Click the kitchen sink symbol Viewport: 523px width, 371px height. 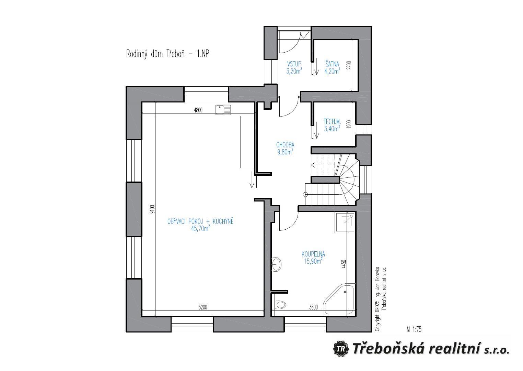[x=223, y=110]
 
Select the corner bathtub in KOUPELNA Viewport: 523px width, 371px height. [x=339, y=301]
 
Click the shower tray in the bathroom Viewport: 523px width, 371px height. [x=345, y=223]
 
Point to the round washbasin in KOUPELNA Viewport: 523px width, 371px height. [x=277, y=264]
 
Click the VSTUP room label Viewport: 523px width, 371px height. [x=294, y=64]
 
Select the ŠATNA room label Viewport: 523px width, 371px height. [x=332, y=64]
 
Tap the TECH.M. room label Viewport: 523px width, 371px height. [x=332, y=122]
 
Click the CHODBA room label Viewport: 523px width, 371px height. [x=285, y=145]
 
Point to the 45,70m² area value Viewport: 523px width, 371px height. [x=200, y=229]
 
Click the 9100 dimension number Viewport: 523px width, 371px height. [x=152, y=209]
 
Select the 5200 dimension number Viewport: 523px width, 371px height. [x=203, y=307]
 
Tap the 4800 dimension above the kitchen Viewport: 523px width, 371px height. [x=198, y=110]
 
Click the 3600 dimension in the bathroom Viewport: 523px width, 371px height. [x=313, y=307]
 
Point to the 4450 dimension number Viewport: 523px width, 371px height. [x=344, y=264]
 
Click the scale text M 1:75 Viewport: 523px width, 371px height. [x=414, y=329]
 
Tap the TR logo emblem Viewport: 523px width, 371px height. [x=341, y=349]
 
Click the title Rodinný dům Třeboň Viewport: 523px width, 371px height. [x=155, y=54]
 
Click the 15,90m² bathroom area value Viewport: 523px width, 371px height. [x=313, y=261]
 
